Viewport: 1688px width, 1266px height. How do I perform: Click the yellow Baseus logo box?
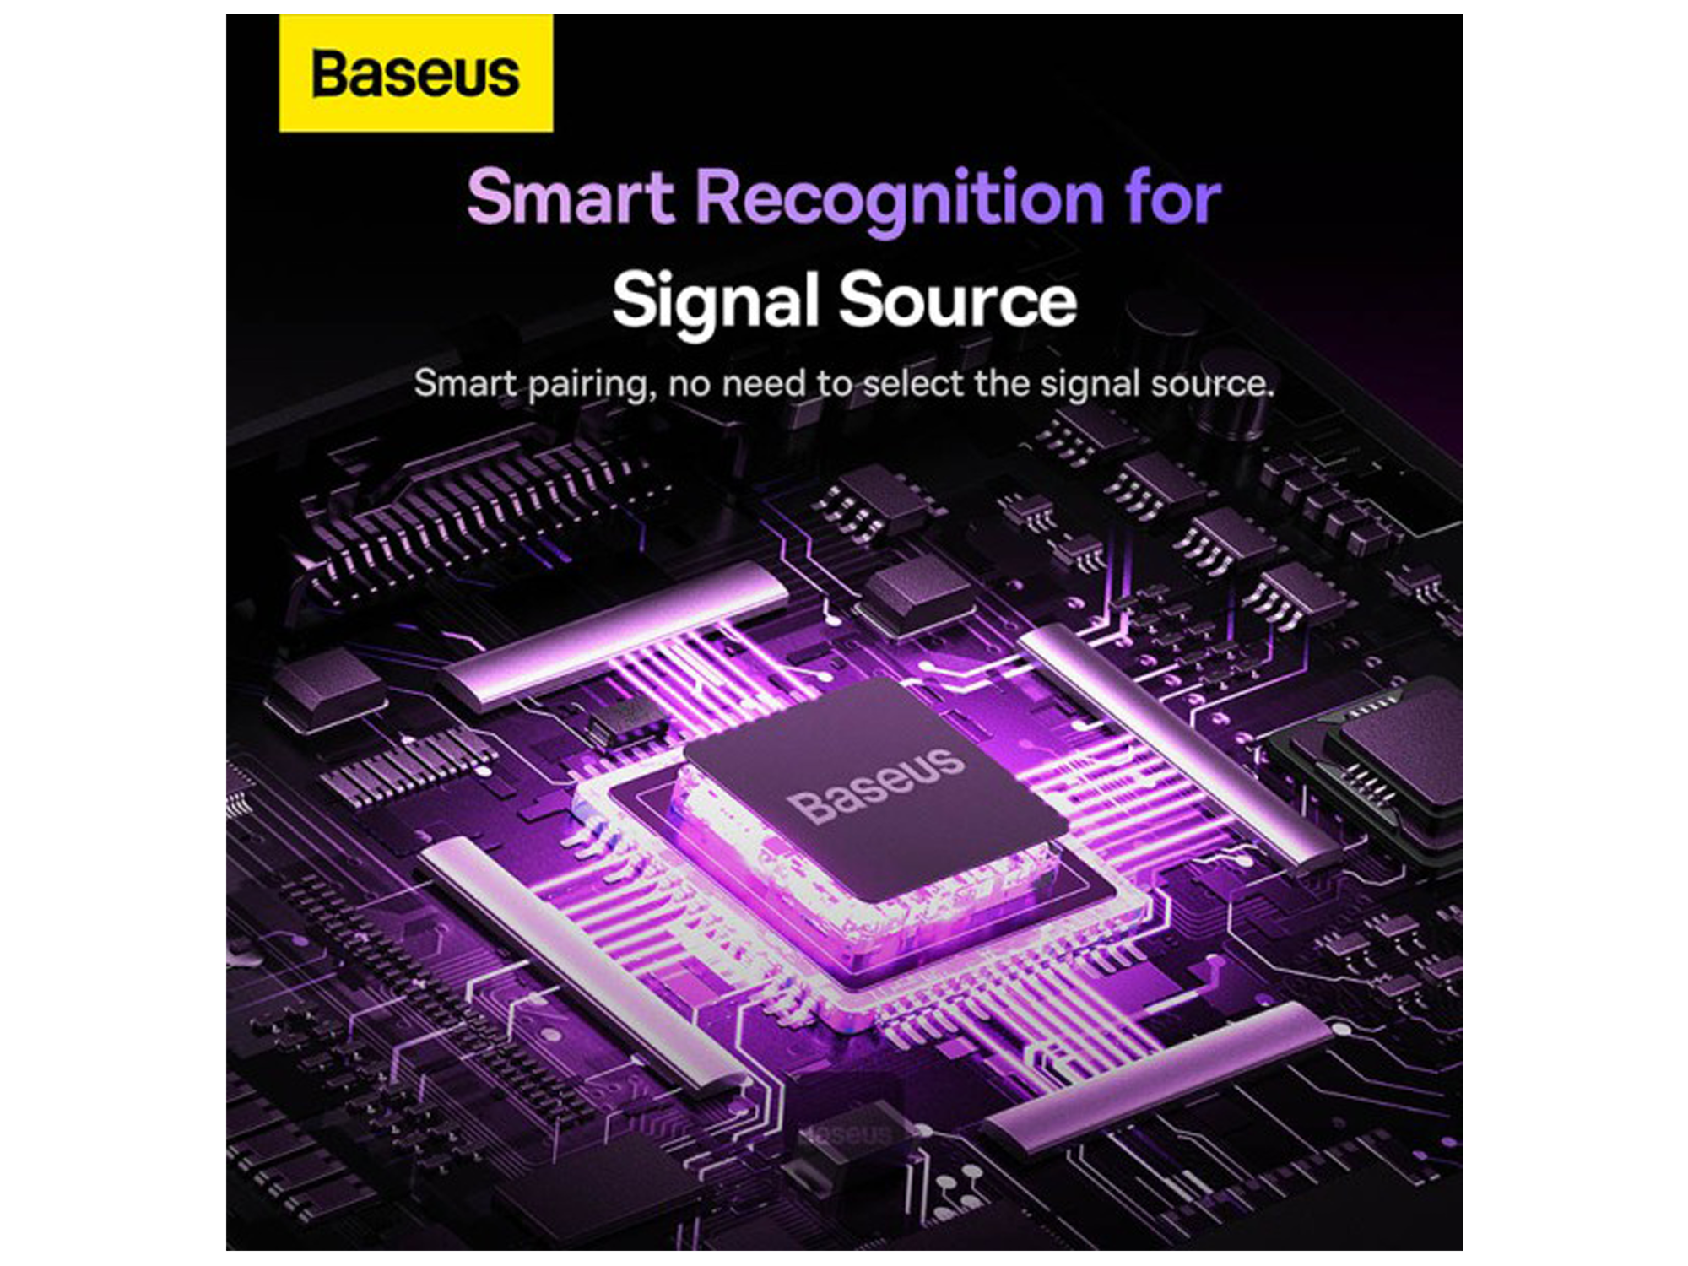416,73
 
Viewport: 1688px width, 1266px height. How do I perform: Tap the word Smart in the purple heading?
571,197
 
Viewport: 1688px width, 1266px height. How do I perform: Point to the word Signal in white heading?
716,302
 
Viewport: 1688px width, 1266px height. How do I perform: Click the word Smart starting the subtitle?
465,383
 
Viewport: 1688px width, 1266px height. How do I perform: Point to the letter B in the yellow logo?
332,73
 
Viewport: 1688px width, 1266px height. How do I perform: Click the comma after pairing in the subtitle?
650,397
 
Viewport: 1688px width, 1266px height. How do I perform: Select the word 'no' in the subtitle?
691,387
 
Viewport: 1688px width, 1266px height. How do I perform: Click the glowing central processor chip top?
869,785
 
